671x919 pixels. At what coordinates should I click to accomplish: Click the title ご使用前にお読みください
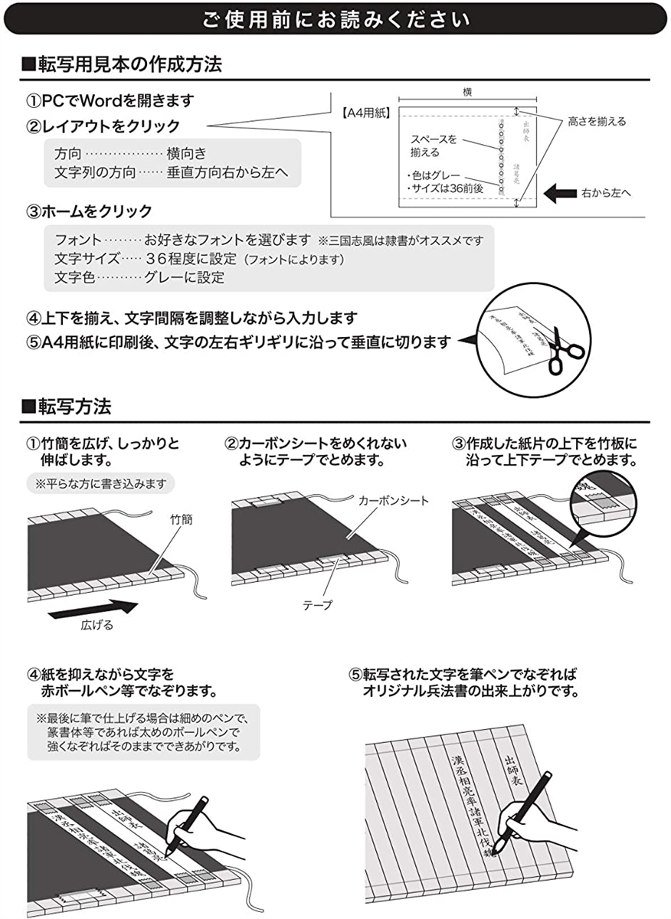(335, 18)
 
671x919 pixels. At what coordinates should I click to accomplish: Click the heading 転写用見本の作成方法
(130, 64)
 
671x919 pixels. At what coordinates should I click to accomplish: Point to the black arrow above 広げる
(91, 609)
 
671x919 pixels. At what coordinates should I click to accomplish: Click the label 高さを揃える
(597, 121)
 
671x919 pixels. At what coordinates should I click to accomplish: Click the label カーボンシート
(394, 501)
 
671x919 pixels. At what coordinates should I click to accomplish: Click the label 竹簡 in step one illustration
(182, 519)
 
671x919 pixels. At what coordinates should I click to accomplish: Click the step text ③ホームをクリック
(90, 211)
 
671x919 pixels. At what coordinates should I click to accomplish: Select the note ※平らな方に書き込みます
(100, 484)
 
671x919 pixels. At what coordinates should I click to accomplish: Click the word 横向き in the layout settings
(186, 153)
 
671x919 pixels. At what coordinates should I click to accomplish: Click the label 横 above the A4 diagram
(467, 92)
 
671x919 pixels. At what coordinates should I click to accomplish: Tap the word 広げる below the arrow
(97, 625)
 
